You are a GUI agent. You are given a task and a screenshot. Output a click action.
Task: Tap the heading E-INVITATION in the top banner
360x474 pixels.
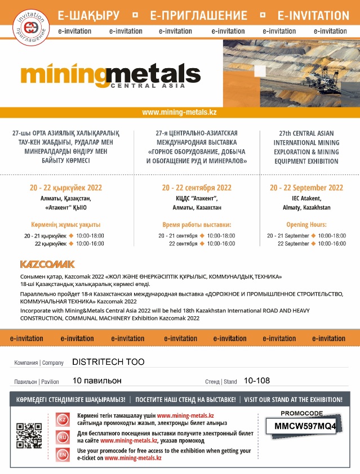click(313, 15)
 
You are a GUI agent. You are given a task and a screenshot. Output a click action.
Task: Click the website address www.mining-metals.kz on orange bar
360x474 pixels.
click(179, 112)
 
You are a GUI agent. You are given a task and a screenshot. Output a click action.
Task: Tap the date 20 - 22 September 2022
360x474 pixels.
click(306, 187)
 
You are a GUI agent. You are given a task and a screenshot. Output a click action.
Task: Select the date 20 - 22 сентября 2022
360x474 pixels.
click(197, 187)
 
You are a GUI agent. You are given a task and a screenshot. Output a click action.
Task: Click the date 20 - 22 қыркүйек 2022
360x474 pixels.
click(66, 187)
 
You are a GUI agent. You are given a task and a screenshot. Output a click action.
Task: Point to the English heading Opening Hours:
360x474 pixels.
click(306, 224)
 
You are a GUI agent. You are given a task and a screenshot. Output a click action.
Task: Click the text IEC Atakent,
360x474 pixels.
click(306, 198)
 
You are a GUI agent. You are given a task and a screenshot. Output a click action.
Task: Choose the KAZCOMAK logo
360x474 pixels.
click(47, 263)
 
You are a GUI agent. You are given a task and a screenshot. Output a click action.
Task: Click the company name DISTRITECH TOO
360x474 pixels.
click(108, 362)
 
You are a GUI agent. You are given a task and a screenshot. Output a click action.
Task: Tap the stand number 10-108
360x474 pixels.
click(257, 381)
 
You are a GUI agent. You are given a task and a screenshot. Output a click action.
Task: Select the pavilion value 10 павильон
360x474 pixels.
click(97, 381)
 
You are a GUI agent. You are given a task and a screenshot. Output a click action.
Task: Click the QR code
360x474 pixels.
click(29, 436)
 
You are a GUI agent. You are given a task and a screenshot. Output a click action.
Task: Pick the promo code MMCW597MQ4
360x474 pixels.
click(305, 426)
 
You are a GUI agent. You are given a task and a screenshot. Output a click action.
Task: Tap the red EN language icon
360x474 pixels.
click(63, 454)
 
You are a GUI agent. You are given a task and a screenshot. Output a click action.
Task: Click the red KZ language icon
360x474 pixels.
click(63, 419)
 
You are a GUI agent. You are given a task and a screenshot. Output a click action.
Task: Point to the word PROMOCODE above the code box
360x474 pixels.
click(301, 413)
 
